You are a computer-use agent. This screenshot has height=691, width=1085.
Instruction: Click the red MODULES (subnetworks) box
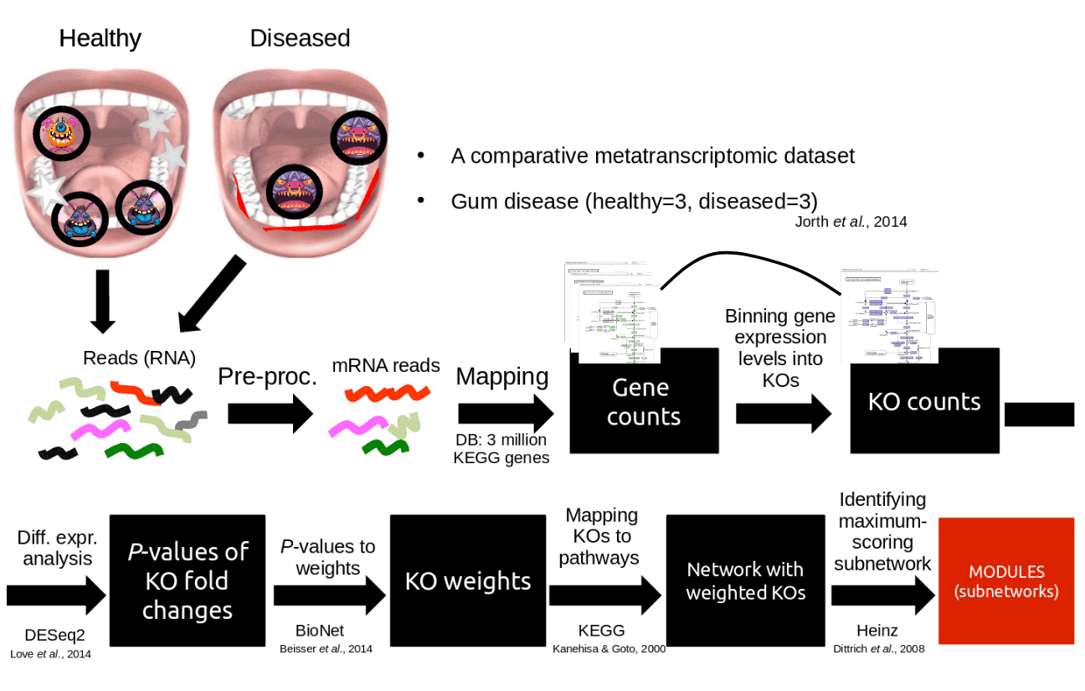click(1006, 582)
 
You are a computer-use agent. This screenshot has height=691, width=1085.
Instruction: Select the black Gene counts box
click(644, 402)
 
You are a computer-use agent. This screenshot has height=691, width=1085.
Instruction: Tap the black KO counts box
click(924, 401)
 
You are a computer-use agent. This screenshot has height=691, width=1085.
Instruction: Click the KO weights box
click(468, 581)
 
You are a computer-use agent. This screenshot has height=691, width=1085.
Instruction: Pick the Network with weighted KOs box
click(745, 581)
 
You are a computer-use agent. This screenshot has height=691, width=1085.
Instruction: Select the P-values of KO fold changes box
click(188, 580)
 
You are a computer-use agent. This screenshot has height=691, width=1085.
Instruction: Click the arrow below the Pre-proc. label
click(270, 414)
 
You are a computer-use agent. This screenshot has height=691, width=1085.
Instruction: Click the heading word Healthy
click(100, 39)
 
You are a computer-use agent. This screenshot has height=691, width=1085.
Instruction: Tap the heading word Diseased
click(300, 39)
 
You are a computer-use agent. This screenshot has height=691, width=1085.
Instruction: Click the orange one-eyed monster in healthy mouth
click(61, 134)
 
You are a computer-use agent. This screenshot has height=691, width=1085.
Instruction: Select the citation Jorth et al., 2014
click(851, 222)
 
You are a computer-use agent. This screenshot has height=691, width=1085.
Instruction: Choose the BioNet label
click(320, 630)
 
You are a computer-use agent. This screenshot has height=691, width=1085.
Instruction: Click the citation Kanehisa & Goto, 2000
click(609, 647)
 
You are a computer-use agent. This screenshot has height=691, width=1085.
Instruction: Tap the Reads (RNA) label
click(139, 358)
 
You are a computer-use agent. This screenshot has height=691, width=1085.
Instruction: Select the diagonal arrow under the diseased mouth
click(209, 295)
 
